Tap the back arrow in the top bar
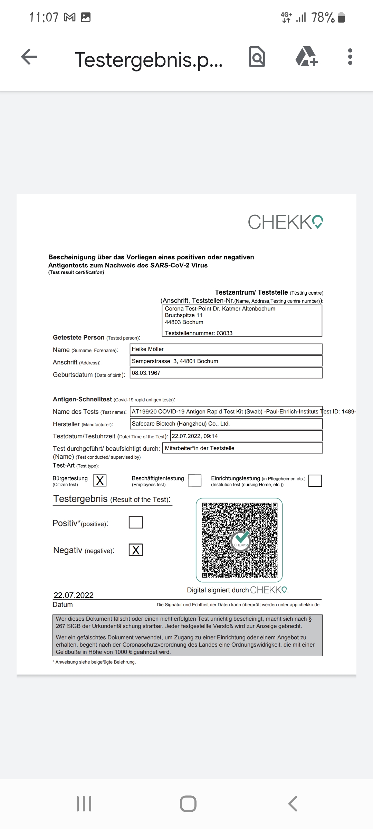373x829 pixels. [x=29, y=57]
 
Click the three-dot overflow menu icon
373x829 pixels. [x=350, y=57]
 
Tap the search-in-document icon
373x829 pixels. [x=257, y=57]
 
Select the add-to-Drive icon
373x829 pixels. [x=306, y=57]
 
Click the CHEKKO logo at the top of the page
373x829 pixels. [x=285, y=222]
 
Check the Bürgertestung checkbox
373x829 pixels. [x=100, y=480]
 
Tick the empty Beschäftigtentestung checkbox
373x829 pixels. [x=194, y=480]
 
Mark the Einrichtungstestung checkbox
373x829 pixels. [x=315, y=480]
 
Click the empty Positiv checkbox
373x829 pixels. [x=136, y=522]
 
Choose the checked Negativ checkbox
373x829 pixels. [x=136, y=550]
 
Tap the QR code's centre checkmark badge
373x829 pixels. [x=240, y=540]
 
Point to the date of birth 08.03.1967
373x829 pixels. [x=146, y=373]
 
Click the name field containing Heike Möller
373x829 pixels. [x=226, y=349]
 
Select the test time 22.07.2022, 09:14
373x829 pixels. [x=195, y=436]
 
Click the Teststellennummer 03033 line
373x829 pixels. [x=199, y=333]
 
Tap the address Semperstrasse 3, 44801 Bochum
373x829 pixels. [x=175, y=361]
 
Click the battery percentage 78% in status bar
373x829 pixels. [x=323, y=17]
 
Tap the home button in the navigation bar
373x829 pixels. [x=188, y=803]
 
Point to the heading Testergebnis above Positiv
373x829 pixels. [x=80, y=499]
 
